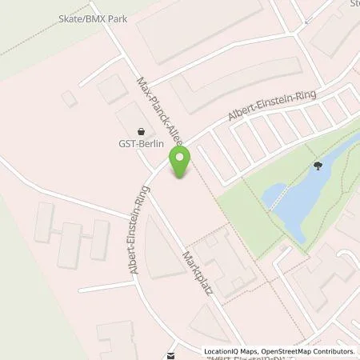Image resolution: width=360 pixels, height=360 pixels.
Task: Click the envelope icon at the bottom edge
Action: (x=170, y=355)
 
